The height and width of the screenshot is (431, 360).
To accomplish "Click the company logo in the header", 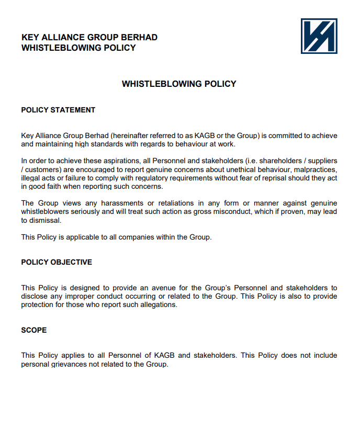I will (x=319, y=36).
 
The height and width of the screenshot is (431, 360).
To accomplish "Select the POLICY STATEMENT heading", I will (x=58, y=110).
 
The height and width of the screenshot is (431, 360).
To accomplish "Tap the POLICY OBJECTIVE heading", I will (x=57, y=262).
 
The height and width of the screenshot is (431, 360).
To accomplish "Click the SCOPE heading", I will (x=34, y=330).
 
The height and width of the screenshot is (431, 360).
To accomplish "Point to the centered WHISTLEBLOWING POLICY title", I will (x=179, y=84).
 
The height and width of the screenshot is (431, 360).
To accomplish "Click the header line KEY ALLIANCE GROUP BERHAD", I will (x=89, y=38).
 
